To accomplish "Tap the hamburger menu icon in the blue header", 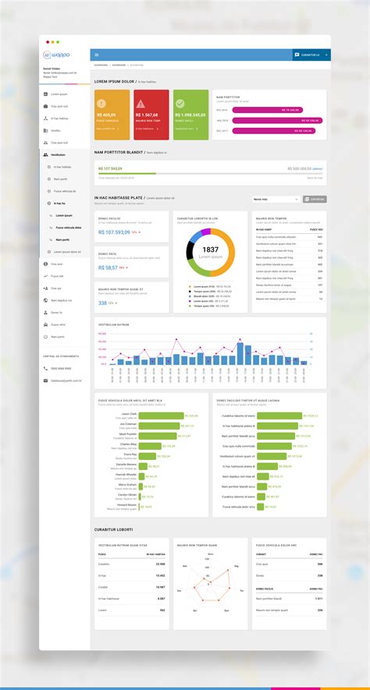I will pyautogui.click(x=97, y=55).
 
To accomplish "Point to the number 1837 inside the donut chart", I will pyautogui.click(x=211, y=249).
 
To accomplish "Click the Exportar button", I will pyautogui.click(x=315, y=200).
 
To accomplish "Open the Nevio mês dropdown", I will pyautogui.click(x=275, y=200).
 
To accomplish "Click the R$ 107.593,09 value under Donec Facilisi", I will pyautogui.click(x=114, y=232).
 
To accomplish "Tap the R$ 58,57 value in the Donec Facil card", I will pyautogui.click(x=109, y=267).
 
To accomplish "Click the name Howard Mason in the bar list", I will pyautogui.click(x=127, y=504).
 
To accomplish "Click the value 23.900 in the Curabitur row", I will pyautogui.click(x=160, y=564).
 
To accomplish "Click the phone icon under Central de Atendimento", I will pyautogui.click(x=45, y=368).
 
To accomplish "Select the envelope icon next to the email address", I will pyautogui.click(x=45, y=380).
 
